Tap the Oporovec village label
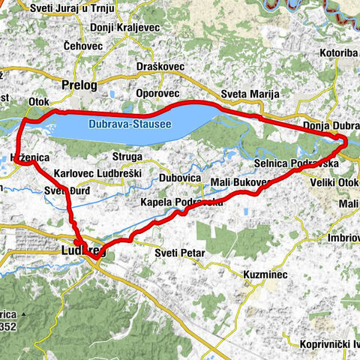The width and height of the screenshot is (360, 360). pyautogui.click(x=157, y=94)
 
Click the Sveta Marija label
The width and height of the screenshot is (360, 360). pyautogui.click(x=250, y=94)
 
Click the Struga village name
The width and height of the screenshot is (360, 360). pyautogui.click(x=125, y=157)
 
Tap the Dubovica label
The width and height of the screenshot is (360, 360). pyautogui.click(x=180, y=178)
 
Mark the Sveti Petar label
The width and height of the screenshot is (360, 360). pyautogui.click(x=180, y=253)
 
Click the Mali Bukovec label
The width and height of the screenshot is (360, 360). pyautogui.click(x=238, y=183)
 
